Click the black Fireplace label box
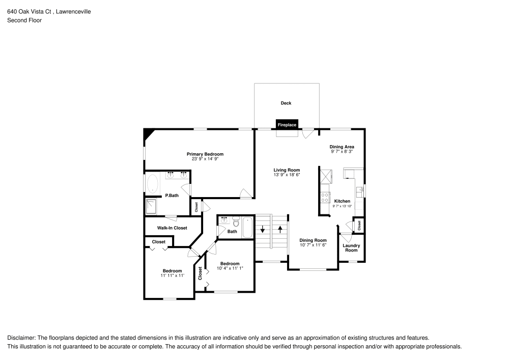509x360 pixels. pyautogui.click(x=287, y=124)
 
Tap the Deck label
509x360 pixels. pyautogui.click(x=286, y=103)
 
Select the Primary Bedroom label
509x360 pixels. pyautogui.click(x=205, y=154)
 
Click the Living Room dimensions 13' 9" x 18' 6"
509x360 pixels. pyautogui.click(x=287, y=175)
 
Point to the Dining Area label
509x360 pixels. pyautogui.click(x=342, y=147)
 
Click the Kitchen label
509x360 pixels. pyautogui.click(x=342, y=201)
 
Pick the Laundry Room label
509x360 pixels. pyautogui.click(x=351, y=248)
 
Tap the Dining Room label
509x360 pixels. pyautogui.click(x=313, y=240)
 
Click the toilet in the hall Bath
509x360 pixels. pyautogui.click(x=236, y=222)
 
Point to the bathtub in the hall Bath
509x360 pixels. pyautogui.click(x=247, y=227)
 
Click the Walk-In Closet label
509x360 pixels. pyautogui.click(x=172, y=228)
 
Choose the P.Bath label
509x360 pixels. pyautogui.click(x=172, y=196)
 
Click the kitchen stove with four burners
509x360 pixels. pyautogui.click(x=324, y=197)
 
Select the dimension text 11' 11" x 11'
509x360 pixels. pyautogui.click(x=172, y=275)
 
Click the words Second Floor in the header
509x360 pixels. pyautogui.click(x=24, y=20)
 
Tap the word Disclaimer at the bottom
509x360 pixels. pyautogui.click(x=20, y=338)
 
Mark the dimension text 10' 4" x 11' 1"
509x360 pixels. pyautogui.click(x=230, y=268)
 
